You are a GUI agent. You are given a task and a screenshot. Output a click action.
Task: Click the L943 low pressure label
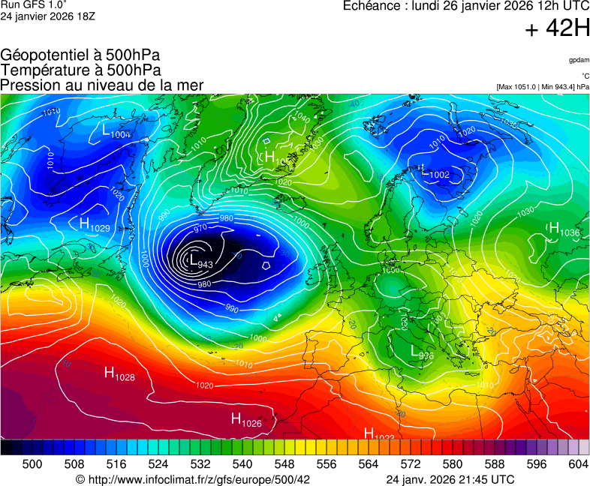click(200, 262)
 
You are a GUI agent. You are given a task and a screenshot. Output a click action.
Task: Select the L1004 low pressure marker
click(116, 130)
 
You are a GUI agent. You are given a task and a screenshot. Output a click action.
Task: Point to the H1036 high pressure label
click(564, 229)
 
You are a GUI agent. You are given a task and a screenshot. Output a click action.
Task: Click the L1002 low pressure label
click(435, 173)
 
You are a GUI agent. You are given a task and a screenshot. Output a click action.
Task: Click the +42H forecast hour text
click(558, 29)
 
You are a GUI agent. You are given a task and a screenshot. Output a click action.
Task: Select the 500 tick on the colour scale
click(32, 464)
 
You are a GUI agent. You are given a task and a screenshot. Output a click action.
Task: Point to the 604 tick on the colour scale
click(578, 464)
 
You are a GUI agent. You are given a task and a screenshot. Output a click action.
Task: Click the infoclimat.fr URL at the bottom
click(193, 479)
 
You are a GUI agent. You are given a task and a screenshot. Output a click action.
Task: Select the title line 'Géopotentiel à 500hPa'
click(80, 55)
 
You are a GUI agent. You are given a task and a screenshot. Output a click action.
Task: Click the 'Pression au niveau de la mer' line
click(102, 85)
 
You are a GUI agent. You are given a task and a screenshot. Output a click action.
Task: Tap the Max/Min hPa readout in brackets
click(543, 87)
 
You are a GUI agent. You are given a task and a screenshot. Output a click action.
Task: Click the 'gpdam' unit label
click(579, 59)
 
